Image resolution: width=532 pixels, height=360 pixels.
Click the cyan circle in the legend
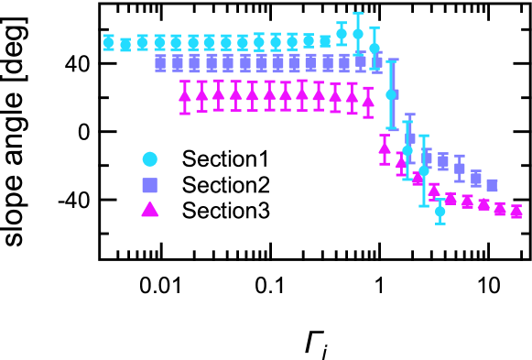[149, 159]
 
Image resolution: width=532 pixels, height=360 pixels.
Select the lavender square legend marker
[149, 185]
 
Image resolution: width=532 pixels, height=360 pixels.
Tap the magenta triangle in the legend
[149, 210]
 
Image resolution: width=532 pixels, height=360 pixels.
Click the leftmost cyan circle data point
[108, 42]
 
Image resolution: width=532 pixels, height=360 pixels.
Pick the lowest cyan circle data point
[440, 212]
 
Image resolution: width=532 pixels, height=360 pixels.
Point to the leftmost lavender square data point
[160, 63]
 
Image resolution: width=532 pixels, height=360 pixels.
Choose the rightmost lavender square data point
[492, 185]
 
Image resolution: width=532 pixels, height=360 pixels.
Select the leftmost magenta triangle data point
[185, 95]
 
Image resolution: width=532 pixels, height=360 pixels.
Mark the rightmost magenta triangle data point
[516, 212]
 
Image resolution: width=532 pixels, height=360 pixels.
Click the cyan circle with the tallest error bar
[391, 94]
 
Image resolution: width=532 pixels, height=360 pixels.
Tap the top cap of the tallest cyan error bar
[392, 60]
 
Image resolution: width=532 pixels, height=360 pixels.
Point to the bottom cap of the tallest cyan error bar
[392, 128]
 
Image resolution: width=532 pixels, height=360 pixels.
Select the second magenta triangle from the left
[201, 94]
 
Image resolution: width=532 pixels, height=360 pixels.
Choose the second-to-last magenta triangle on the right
[500, 209]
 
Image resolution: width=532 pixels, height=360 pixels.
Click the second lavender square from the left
[178, 63]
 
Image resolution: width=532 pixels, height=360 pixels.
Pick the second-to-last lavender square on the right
[476, 180]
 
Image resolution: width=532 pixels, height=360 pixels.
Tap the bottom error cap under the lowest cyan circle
[440, 224]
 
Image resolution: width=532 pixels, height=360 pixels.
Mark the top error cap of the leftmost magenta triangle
[185, 82]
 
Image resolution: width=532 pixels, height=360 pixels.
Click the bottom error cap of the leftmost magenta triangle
[185, 114]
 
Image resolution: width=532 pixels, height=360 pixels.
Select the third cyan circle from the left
[142, 42]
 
